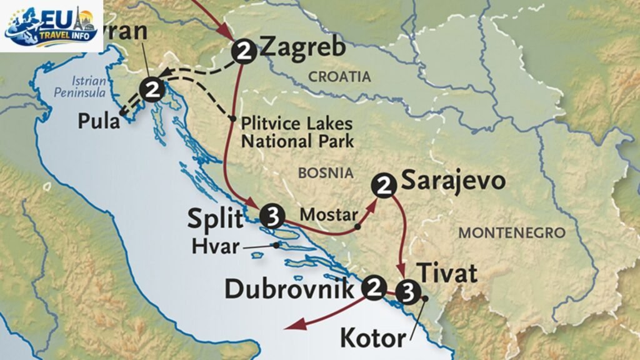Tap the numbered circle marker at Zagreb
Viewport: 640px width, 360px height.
(243, 52)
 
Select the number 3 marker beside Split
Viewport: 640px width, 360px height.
(272, 215)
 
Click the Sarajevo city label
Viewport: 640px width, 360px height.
(452, 181)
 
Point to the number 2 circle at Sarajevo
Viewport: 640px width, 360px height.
(383, 184)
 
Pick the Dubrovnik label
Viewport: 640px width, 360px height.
(292, 289)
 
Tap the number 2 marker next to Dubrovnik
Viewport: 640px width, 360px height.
(374, 287)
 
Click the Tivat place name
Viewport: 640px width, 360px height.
(446, 273)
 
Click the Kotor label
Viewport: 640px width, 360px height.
(372, 339)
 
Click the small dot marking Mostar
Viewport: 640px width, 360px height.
(357, 226)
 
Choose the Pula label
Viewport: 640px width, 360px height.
(99, 121)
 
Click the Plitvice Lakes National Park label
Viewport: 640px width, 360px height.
(297, 132)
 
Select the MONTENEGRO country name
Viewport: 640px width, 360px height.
(512, 233)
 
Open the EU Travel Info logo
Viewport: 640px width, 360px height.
(51, 26)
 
